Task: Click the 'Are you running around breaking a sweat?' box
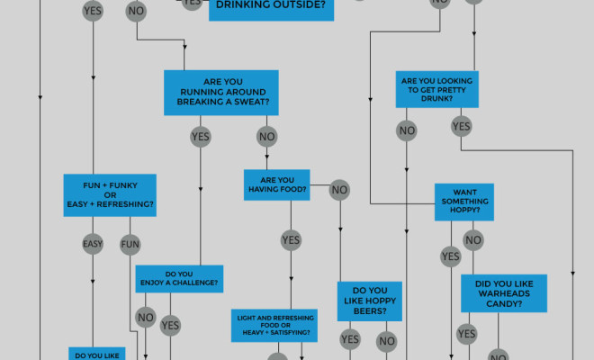pos(221,93)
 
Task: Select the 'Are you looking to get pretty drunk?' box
pos(436,91)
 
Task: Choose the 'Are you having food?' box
pos(277,184)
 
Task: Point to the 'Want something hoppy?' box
pos(464,202)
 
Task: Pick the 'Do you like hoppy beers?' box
pos(369,301)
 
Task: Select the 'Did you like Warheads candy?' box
pos(503,293)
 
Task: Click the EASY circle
pos(93,244)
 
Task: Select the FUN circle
pos(130,244)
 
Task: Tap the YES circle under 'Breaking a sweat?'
pos(201,137)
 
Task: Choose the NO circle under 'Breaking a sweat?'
pos(266,137)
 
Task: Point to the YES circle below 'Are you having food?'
pos(291,239)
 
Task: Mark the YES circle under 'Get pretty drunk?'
pos(462,127)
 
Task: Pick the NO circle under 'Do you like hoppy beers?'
pos(387,341)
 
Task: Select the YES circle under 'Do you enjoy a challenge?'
pos(170,325)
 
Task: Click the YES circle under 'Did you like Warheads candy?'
pos(466,335)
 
